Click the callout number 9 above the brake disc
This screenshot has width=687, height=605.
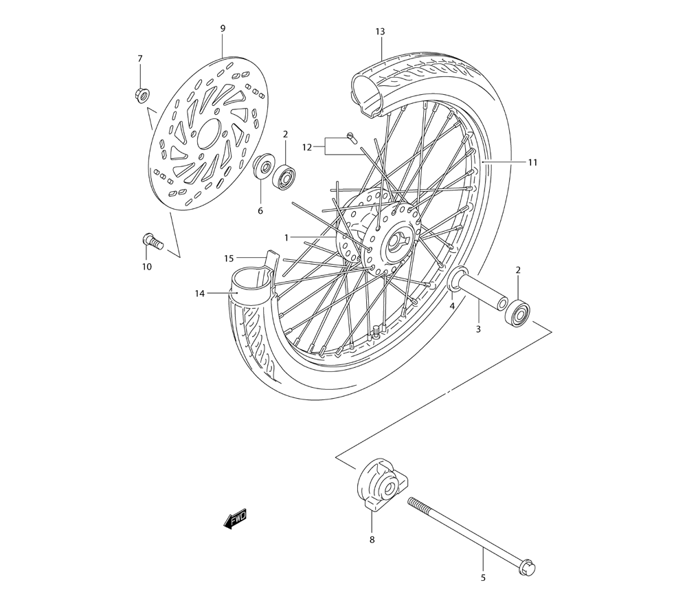[223, 28]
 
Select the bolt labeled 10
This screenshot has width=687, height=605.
[150, 241]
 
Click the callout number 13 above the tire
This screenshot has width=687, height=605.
[380, 32]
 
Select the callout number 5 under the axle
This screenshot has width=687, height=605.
[483, 577]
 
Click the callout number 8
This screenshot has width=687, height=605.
[372, 540]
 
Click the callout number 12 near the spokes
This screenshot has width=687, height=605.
[307, 146]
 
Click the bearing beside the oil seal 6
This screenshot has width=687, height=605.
[284, 175]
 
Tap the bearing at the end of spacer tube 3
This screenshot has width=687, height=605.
[519, 313]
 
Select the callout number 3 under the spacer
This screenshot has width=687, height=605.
[478, 329]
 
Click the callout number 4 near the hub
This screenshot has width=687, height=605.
[452, 305]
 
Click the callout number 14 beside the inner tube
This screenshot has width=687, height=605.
[200, 294]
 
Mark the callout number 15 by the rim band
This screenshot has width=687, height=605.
[229, 258]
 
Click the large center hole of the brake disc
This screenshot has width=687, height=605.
[208, 133]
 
